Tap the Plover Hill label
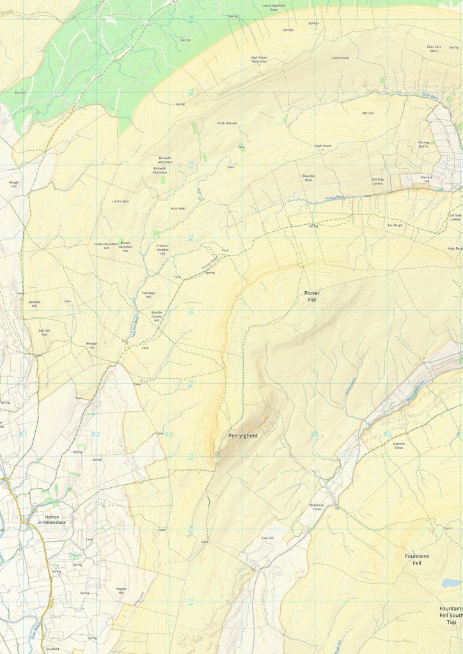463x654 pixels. (x=311, y=296)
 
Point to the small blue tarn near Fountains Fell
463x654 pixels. (x=451, y=583)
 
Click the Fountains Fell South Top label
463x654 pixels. (x=451, y=615)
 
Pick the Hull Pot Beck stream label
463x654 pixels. (x=135, y=326)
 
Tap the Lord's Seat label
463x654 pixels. (x=121, y=201)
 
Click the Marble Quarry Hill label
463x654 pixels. (x=157, y=316)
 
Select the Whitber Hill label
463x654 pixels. (x=91, y=345)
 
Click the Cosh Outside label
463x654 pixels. (x=227, y=123)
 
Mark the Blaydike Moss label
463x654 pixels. (x=308, y=178)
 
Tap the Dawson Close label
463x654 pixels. (x=399, y=446)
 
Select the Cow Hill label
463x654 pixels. (x=267, y=538)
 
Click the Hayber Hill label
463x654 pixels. (x=121, y=591)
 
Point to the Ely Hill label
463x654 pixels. (x=20, y=93)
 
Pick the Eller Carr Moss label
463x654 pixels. (x=435, y=49)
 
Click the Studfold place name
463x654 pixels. (x=52, y=648)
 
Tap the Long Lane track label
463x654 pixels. (x=136, y=600)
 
